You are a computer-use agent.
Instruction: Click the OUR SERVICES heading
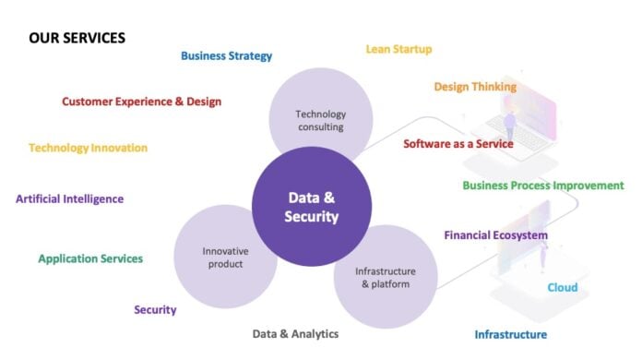[77, 38]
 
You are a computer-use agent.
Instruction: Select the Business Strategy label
[226, 55]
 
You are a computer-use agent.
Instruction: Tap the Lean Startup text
[398, 49]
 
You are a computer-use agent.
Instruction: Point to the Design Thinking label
[475, 87]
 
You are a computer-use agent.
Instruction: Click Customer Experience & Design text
[141, 102]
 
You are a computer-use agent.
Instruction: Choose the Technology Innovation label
[88, 148]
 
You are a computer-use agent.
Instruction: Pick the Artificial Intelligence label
[69, 198]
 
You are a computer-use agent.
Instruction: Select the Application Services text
[90, 258]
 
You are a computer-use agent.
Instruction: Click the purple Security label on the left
[155, 310]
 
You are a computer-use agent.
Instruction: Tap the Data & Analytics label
[295, 333]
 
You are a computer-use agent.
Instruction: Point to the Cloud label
[563, 288]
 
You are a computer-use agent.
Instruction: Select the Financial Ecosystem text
[495, 235]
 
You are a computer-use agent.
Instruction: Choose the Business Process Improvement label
[542, 186]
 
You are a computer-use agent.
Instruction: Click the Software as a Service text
[458, 144]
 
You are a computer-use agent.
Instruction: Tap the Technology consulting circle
[320, 115]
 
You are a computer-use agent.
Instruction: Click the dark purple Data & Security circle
[312, 207]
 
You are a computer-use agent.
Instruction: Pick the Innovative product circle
[225, 257]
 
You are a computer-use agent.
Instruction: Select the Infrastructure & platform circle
[385, 277]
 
